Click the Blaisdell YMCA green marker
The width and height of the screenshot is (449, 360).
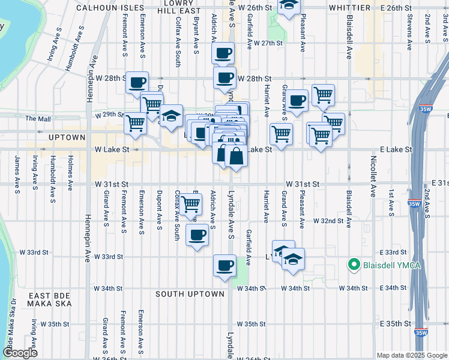(x=354, y=264)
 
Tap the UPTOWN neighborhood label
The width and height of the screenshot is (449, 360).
(x=67, y=137)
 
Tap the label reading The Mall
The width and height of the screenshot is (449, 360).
(x=38, y=119)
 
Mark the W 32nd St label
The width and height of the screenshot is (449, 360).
(x=331, y=221)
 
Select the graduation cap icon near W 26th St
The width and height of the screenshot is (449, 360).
(x=289, y=6)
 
